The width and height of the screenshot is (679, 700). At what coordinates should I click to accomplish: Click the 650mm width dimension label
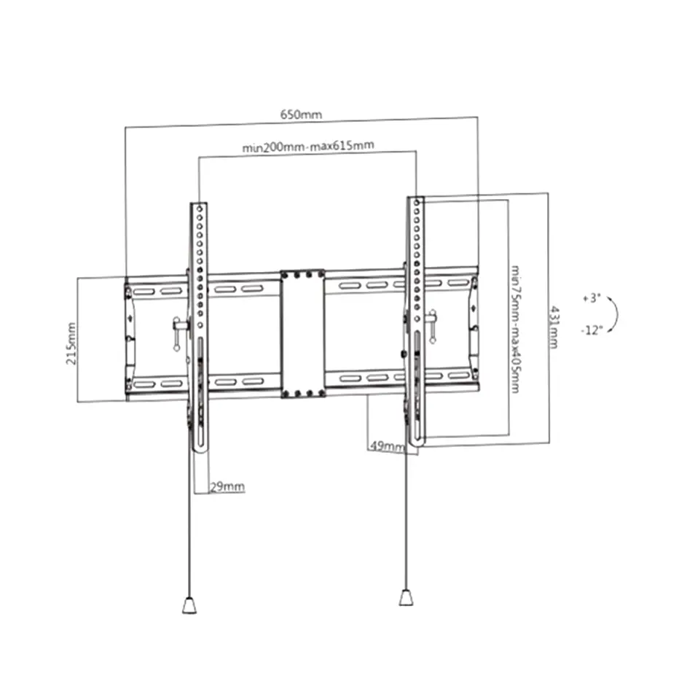pos(301,114)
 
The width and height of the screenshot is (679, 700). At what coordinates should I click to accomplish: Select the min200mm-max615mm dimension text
pos(308,146)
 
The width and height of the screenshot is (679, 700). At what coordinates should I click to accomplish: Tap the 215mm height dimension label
pos(71,344)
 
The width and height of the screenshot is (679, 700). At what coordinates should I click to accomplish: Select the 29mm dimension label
pos(227,486)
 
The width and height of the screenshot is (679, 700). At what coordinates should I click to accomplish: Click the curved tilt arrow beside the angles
pos(613,314)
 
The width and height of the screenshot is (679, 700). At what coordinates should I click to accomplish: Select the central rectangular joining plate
pos(302,334)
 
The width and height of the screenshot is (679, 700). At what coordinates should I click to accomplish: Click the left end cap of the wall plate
pos(129,338)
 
